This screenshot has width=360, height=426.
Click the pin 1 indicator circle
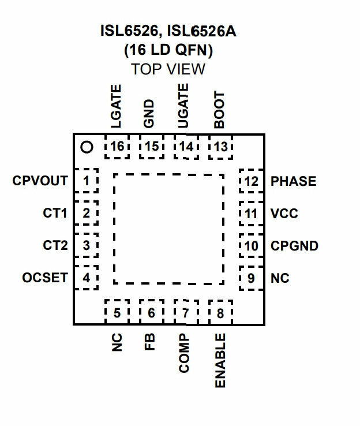click(x=87, y=147)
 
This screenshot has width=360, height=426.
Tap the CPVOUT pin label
click(x=40, y=181)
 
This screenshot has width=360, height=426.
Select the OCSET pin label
click(x=45, y=278)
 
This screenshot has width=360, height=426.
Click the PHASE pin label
click(x=294, y=181)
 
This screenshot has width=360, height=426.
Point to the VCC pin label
click(x=284, y=213)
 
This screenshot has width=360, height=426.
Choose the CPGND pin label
click(x=295, y=245)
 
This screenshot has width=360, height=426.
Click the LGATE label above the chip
click(x=116, y=106)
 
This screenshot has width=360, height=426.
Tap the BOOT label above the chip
click(x=219, y=110)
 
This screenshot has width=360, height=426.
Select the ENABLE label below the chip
click(x=220, y=361)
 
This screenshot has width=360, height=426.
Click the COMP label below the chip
click(x=184, y=353)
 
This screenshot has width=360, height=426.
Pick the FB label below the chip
click(x=149, y=342)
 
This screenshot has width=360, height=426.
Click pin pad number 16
click(x=117, y=147)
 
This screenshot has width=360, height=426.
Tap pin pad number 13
click(x=221, y=147)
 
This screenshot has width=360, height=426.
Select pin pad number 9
click(x=252, y=278)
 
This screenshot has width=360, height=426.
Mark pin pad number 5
click(x=117, y=312)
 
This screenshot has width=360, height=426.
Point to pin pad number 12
click(x=252, y=181)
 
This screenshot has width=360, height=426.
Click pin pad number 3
click(x=86, y=245)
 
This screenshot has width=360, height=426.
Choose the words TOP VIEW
click(x=168, y=69)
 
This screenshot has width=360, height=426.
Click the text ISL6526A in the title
click(x=201, y=31)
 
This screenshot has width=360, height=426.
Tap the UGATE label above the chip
click(x=183, y=106)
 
